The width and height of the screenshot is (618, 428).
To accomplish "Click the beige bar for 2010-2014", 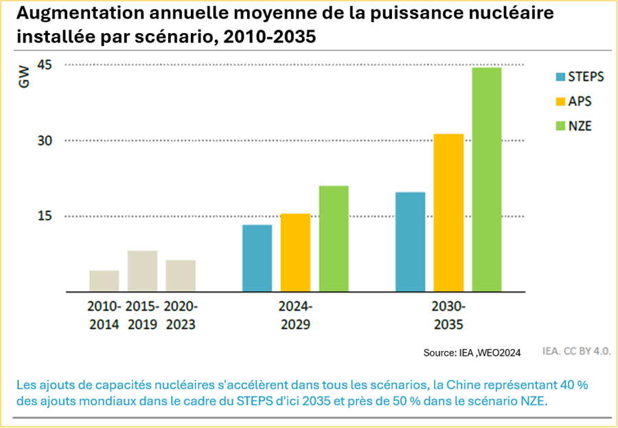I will pyautogui.click(x=104, y=281).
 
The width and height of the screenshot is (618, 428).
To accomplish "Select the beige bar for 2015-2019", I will pyautogui.click(x=143, y=271).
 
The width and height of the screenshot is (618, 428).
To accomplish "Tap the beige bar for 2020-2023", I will pyautogui.click(x=181, y=276).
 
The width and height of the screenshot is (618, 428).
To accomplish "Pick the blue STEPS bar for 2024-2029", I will pyautogui.click(x=257, y=258).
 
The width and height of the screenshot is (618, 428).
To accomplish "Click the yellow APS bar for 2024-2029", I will pyautogui.click(x=296, y=253).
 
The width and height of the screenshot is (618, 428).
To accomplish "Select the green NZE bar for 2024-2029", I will pyautogui.click(x=334, y=239).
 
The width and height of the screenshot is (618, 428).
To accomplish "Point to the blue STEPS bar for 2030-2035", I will pyautogui.click(x=411, y=242).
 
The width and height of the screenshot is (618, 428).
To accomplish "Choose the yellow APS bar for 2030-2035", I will pyautogui.click(x=449, y=213).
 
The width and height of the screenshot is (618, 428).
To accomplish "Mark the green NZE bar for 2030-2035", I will pyautogui.click(x=487, y=180).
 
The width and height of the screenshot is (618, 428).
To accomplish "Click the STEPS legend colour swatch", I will pyautogui.click(x=560, y=76).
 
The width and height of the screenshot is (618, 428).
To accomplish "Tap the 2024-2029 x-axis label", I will pyautogui.click(x=296, y=315).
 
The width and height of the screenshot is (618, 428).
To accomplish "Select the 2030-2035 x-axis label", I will pyautogui.click(x=449, y=315).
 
